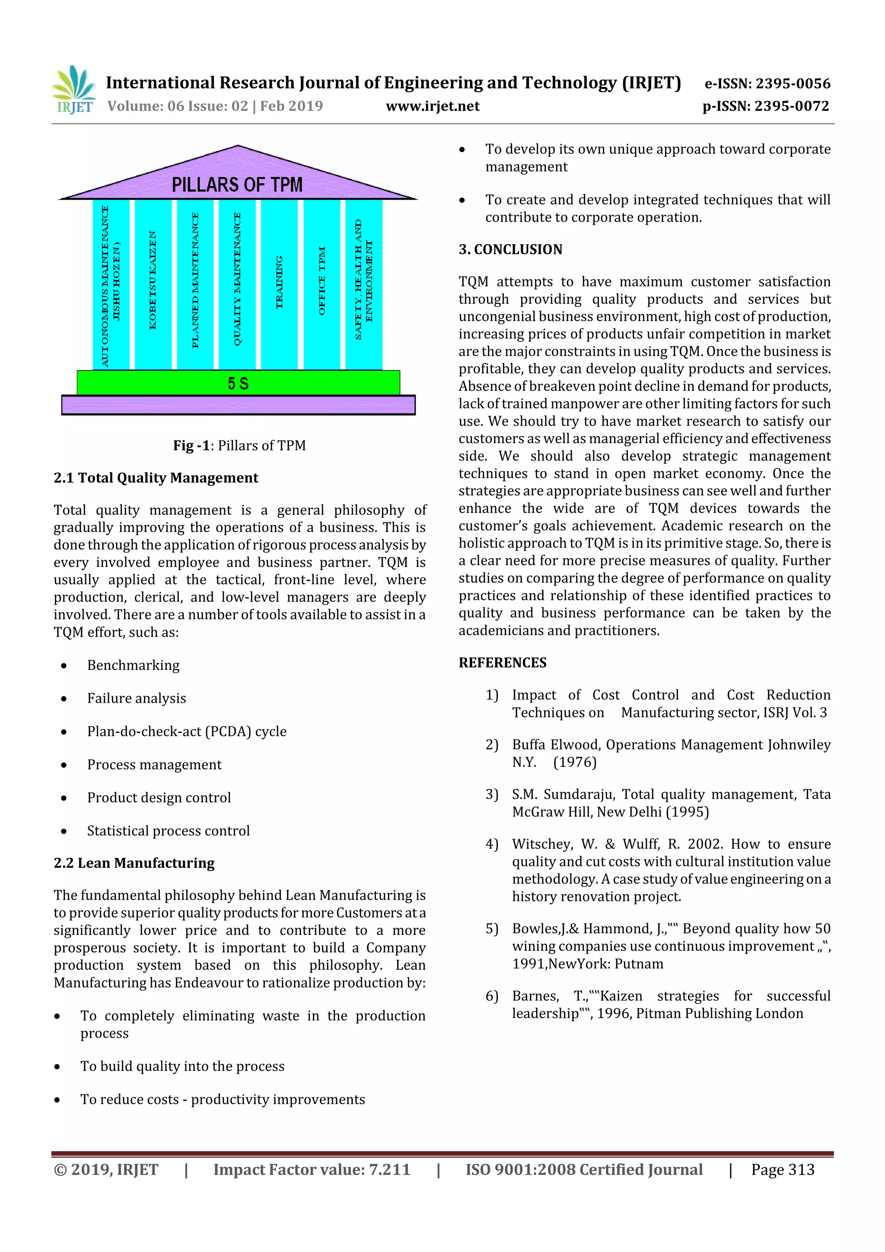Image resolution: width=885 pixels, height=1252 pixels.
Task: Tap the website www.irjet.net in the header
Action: coord(433,106)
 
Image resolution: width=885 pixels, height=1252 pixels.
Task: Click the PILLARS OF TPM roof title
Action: coord(237,185)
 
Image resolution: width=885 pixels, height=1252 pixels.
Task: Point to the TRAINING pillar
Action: coord(279,284)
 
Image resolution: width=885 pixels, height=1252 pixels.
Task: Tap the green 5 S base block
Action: coord(238,383)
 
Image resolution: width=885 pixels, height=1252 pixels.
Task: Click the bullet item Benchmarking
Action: coord(133,665)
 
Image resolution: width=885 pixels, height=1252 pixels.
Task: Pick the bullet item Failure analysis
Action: coord(136,698)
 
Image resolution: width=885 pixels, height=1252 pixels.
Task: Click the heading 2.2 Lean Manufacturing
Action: coord(134,863)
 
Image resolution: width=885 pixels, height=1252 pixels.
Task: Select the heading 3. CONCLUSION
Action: coord(510,249)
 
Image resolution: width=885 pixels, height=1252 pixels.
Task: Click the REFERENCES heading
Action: coord(502,663)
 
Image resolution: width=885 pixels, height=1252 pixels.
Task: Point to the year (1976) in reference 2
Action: coord(575,762)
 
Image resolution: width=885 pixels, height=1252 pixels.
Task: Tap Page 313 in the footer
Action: coord(783,1169)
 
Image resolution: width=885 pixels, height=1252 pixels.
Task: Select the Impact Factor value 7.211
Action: coord(389,1169)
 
